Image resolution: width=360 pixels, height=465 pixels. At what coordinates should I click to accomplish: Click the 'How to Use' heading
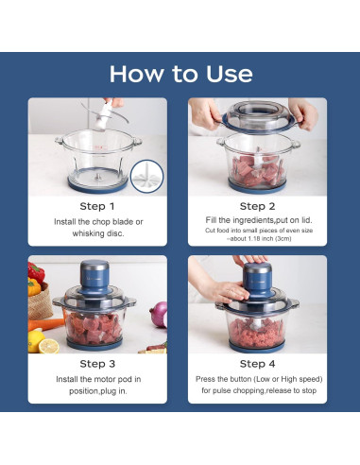click(180, 74)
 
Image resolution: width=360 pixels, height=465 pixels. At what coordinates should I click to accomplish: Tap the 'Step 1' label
click(97, 205)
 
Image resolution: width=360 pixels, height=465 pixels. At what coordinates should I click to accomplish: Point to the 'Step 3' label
click(97, 363)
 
